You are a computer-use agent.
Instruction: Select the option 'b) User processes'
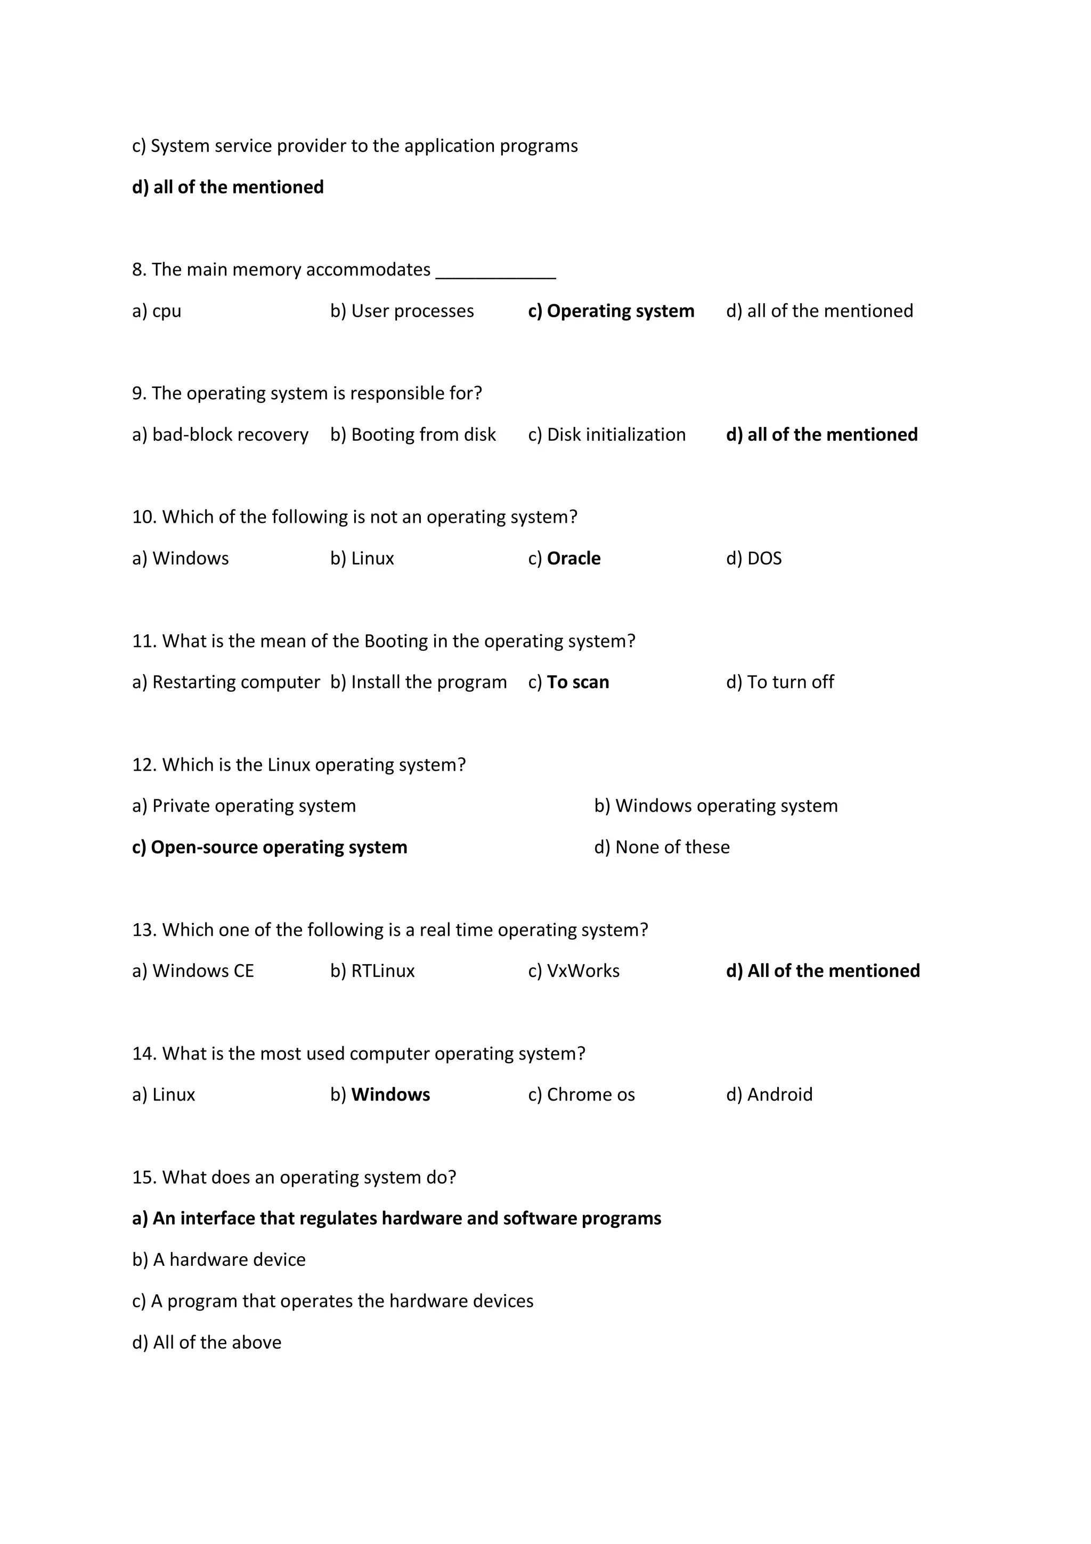click(x=402, y=311)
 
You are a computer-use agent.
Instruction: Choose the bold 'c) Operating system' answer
click(x=611, y=311)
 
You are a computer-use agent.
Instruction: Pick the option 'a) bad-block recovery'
click(x=220, y=434)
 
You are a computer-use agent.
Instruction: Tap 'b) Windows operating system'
click(x=716, y=806)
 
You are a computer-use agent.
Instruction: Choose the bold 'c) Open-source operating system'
click(x=270, y=847)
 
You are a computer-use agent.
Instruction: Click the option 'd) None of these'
click(x=662, y=847)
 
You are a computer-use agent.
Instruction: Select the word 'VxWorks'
click(x=583, y=971)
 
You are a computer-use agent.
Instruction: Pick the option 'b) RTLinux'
click(x=372, y=971)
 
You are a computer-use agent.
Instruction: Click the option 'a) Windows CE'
click(x=193, y=971)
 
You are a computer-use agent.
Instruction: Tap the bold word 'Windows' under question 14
click(x=390, y=1095)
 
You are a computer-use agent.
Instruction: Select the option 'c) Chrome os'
click(x=582, y=1095)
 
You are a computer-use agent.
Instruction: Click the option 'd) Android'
click(x=769, y=1095)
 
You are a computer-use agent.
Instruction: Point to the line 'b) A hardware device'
click(x=218, y=1259)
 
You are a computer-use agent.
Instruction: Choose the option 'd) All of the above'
click(x=206, y=1342)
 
